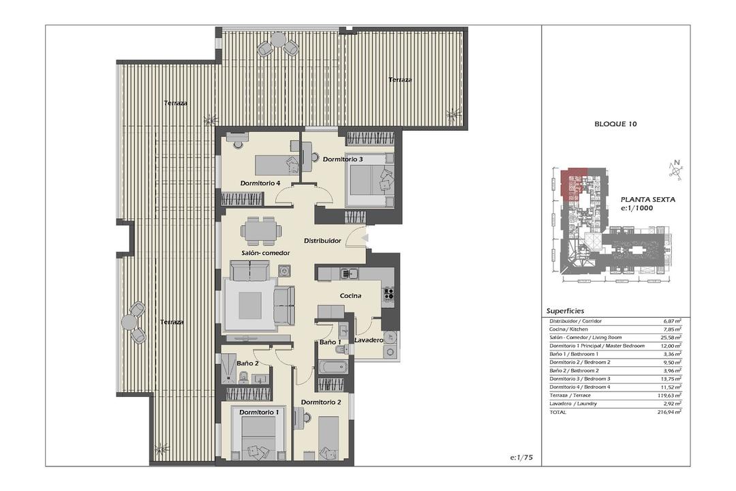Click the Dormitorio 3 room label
343,160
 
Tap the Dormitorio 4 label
260,183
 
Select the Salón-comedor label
266,253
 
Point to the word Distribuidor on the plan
322,241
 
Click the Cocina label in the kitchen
351,295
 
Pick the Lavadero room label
369,340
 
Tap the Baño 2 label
247,363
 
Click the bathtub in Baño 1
333,367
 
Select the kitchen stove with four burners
388,294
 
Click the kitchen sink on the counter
348,273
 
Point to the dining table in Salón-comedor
262,230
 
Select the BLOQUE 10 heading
615,124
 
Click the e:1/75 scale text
521,457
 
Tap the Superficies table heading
565,310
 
